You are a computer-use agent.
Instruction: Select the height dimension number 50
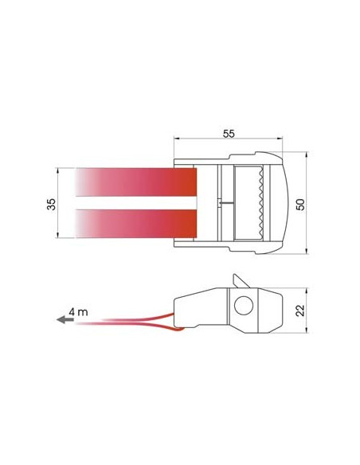(299, 205)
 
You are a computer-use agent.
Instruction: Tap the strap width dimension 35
(51, 204)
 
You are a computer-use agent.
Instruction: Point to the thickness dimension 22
(299, 310)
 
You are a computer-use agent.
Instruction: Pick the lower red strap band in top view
(135, 222)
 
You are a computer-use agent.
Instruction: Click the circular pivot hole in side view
(244, 307)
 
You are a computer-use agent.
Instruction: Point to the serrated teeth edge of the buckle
(259, 202)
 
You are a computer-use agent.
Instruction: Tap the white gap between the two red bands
(135, 202)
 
